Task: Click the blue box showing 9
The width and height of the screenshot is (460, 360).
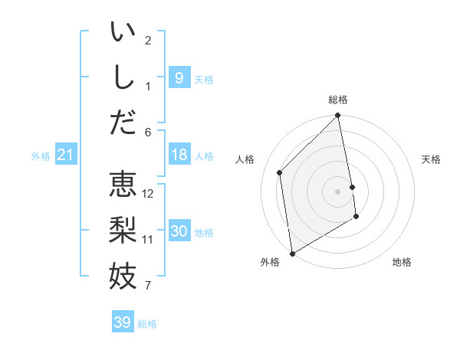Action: (x=179, y=77)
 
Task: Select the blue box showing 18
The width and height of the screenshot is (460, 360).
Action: (x=179, y=155)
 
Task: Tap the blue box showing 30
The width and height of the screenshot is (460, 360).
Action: (x=179, y=231)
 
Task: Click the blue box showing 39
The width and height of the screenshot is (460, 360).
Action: (x=123, y=322)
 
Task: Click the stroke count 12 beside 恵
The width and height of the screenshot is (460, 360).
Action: (x=149, y=194)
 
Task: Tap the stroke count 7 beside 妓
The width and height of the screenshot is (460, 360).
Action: (x=149, y=286)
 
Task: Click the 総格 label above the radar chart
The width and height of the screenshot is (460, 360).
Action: (x=338, y=100)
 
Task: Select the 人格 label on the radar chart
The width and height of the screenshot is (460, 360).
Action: (x=245, y=159)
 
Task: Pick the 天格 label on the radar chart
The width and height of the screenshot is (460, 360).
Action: (x=431, y=159)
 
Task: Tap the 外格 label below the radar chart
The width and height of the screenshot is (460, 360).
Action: (x=269, y=262)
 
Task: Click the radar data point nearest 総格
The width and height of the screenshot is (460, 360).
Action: (x=338, y=116)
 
